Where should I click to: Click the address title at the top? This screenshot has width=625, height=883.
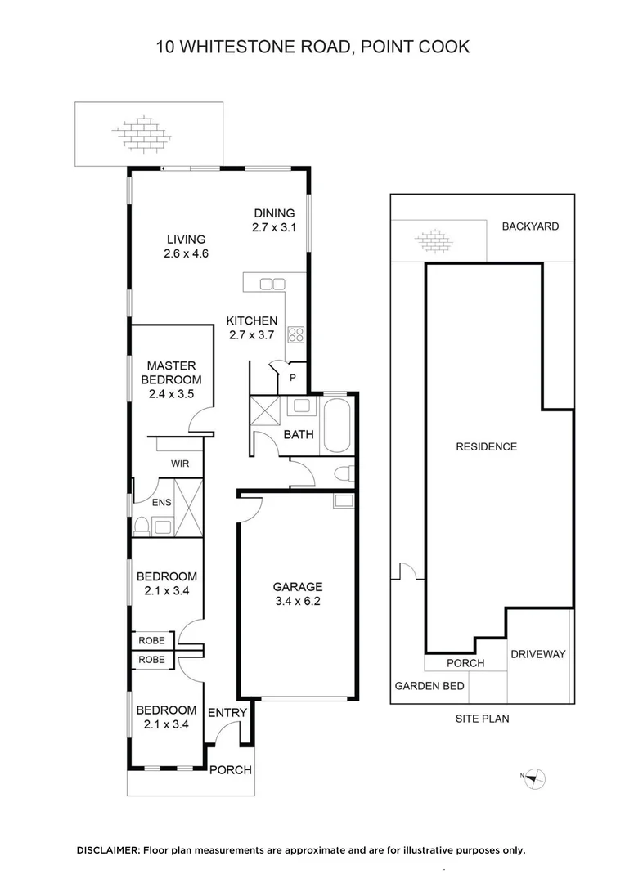point(312,47)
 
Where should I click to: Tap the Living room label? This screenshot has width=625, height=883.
point(186,246)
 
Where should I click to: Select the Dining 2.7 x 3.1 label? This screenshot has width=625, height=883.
point(273,221)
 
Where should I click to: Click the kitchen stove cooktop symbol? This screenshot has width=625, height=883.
point(295,334)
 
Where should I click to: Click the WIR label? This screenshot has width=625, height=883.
point(180,464)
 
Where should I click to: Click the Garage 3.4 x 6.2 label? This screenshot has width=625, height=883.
point(297,594)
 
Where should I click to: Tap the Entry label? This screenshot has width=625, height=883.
point(227,713)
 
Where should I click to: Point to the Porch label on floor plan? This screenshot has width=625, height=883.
point(231,770)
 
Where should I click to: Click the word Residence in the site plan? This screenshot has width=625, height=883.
point(486,446)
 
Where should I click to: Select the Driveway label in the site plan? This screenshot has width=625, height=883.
point(537,654)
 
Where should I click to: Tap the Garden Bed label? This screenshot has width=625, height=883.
point(429,686)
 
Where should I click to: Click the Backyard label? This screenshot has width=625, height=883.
point(530,226)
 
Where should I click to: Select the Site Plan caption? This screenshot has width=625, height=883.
point(483,719)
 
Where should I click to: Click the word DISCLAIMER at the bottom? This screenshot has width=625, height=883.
point(108,850)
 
